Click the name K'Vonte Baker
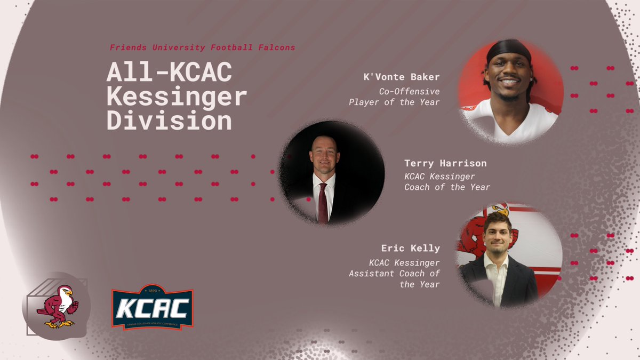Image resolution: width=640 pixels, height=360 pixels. (402, 78)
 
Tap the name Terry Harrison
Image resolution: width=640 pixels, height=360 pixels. (445, 163)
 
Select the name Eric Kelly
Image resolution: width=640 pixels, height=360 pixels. (410, 248)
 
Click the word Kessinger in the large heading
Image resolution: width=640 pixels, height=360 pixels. (177, 98)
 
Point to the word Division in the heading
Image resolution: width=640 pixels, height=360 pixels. (169, 122)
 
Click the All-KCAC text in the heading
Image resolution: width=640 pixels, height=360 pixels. (169, 74)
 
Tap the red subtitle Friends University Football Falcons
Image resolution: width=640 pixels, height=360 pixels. (202, 47)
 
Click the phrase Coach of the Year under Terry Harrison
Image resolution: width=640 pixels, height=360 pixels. (447, 187)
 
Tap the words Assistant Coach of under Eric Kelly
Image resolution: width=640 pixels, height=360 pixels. (394, 273)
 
